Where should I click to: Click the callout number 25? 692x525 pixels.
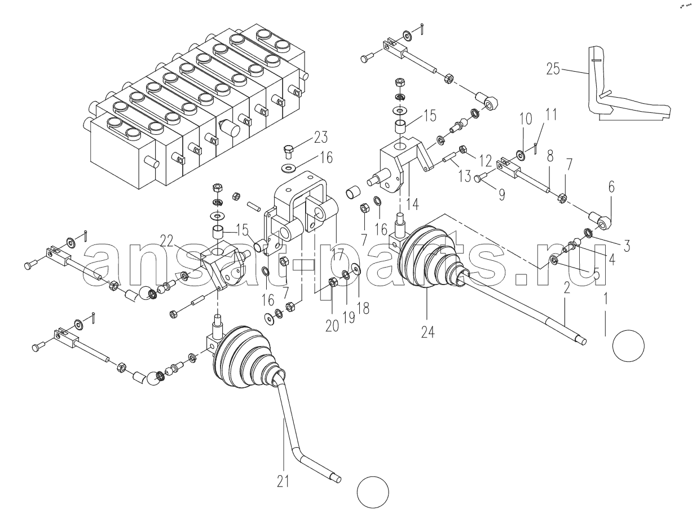click(x=553, y=69)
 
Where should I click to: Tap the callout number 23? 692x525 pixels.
click(x=321, y=137)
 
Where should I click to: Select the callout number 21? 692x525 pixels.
click(x=283, y=482)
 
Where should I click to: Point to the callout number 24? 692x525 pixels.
click(x=427, y=332)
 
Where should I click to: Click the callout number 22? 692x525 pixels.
click(x=166, y=242)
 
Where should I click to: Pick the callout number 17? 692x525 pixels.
click(x=337, y=254)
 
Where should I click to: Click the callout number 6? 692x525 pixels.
click(x=611, y=187)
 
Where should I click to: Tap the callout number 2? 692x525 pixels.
click(x=567, y=288)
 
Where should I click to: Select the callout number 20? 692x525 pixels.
click(x=332, y=326)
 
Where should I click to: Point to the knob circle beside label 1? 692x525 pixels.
click(x=628, y=346)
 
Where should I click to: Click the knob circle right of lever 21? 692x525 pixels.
click(x=373, y=492)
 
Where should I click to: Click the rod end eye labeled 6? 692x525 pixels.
click(x=602, y=223)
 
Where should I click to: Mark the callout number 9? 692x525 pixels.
click(x=501, y=195)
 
